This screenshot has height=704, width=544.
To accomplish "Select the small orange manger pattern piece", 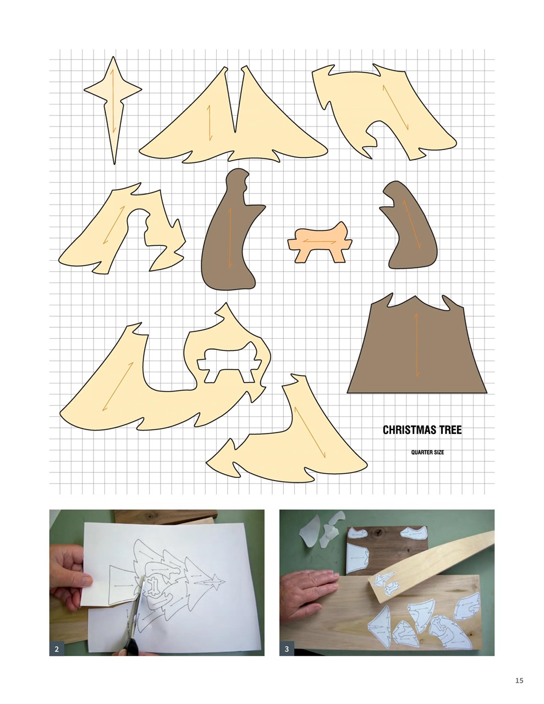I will (x=319, y=243).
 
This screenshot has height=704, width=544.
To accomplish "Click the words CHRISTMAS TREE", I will (x=422, y=430).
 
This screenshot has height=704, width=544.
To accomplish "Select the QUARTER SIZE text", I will (x=427, y=453).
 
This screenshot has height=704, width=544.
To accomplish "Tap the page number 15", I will (x=519, y=680).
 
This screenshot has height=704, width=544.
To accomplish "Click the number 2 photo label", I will (x=57, y=649).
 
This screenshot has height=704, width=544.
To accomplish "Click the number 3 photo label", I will (x=287, y=649).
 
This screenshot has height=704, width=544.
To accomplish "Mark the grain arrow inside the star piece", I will (x=113, y=102).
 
